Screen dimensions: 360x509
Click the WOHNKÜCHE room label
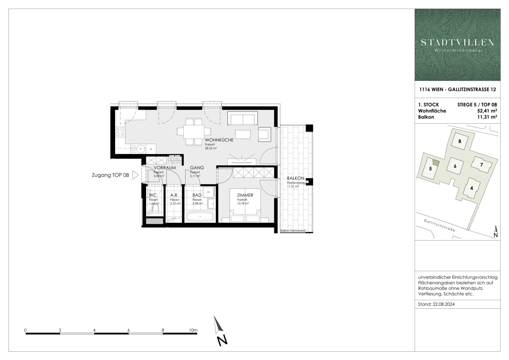(219, 140)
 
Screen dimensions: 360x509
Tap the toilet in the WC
(155, 208)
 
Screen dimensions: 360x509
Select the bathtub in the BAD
(200, 217)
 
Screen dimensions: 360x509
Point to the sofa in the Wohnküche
(243, 119)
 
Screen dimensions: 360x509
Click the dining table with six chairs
(194, 132)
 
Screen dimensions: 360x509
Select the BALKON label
(295, 178)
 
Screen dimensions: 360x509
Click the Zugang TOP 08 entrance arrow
(135, 175)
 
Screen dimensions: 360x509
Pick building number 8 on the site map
(460, 141)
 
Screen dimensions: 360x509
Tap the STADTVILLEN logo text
(457, 42)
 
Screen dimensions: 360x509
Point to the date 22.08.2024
(443, 304)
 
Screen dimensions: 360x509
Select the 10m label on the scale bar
(193, 330)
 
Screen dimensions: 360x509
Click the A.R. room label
(174, 195)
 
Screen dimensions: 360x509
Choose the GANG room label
(197, 168)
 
